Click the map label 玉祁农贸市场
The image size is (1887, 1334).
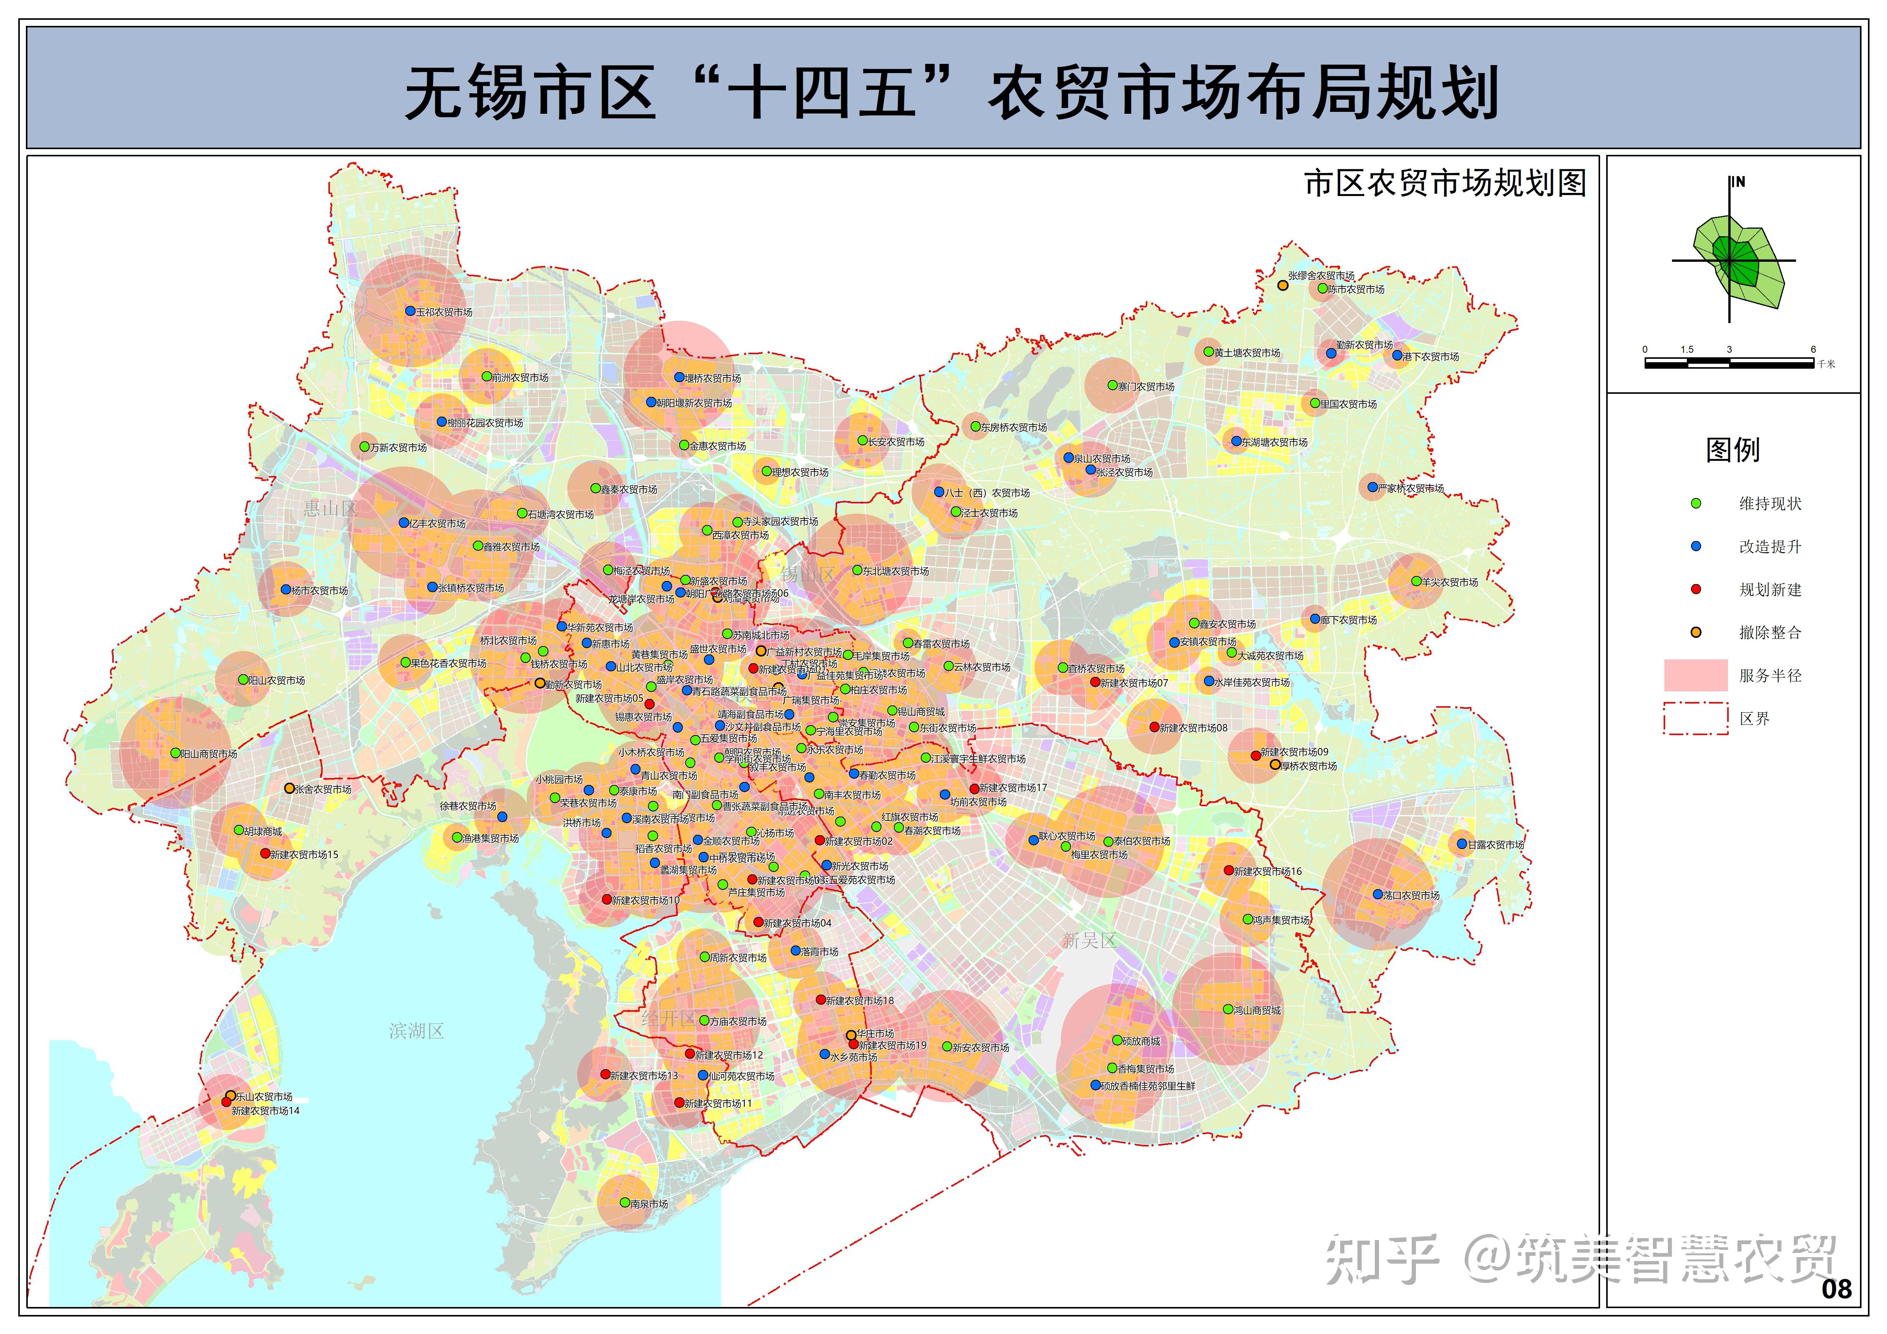[x=444, y=312]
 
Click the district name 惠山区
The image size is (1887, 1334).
[x=330, y=509]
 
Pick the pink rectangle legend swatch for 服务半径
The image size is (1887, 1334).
[x=1696, y=675]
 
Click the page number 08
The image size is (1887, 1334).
[x=1836, y=1289]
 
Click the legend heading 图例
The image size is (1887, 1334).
[x=1733, y=450]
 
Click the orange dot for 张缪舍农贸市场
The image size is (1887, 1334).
[x=1282, y=285]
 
